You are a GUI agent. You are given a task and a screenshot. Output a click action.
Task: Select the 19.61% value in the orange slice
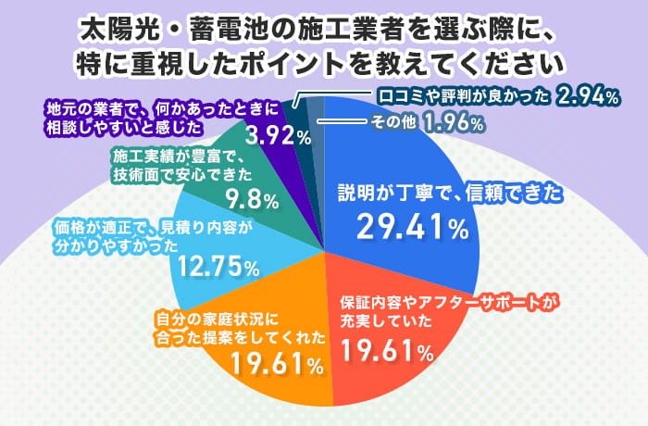coord(277,362)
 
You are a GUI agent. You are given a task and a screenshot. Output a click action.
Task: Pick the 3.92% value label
coord(279,137)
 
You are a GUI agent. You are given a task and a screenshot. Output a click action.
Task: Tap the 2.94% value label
coord(588,96)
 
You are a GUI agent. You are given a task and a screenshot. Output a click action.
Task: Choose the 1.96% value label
coord(454,121)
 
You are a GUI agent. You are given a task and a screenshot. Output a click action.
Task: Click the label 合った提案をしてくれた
coord(239,336)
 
